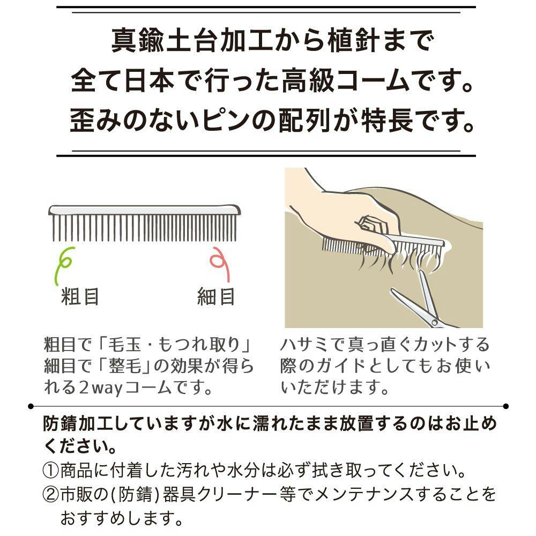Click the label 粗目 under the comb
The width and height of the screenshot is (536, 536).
click(80, 297)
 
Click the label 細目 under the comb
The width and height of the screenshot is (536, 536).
click(216, 297)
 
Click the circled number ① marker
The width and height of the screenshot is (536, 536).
click(50, 471)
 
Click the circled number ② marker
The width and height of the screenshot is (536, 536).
click(50, 495)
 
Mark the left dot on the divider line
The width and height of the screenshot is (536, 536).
click(31, 406)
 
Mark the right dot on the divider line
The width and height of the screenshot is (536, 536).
click(506, 406)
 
